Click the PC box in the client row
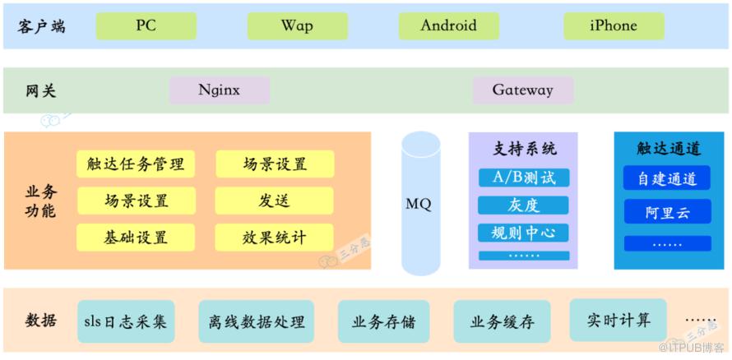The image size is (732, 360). click(146, 25)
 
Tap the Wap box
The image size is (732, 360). click(298, 25)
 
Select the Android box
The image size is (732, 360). click(448, 25)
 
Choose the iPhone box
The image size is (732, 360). click(614, 25)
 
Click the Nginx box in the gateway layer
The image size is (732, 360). click(220, 90)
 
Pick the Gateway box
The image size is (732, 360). click(523, 90)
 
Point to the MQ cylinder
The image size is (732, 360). click(421, 203)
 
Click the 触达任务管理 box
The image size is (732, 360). click(136, 164)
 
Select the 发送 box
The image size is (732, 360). click(275, 201)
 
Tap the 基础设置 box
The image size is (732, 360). click(136, 238)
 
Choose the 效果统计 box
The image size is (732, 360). click(275, 238)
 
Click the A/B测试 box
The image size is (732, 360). click(524, 178)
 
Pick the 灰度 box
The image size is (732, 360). click(524, 205)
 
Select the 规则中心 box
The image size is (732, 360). click(524, 233)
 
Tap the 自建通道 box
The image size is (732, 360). click(667, 178)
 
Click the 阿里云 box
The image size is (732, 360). click(667, 211)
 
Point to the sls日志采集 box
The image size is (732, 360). click(126, 321)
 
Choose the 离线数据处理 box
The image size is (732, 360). click(257, 321)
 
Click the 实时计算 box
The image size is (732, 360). click(618, 320)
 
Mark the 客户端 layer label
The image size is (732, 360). click(42, 26)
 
